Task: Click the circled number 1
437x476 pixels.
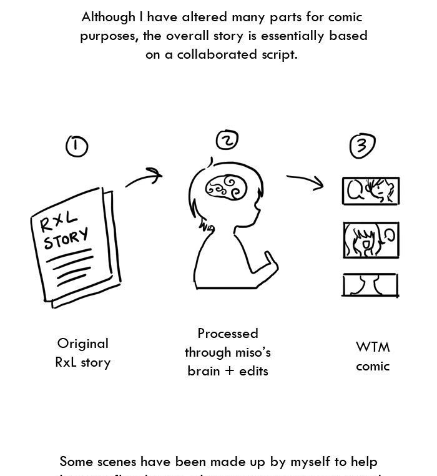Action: pyautogui.click(x=76, y=146)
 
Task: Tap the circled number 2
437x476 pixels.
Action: pyautogui.click(x=227, y=141)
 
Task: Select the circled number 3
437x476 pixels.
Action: pyautogui.click(x=362, y=146)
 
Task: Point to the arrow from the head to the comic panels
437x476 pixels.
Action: pyautogui.click(x=305, y=181)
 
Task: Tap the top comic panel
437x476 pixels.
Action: pyautogui.click(x=370, y=191)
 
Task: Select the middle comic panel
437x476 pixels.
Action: pyautogui.click(x=370, y=240)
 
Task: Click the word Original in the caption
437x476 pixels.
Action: pyautogui.click(x=82, y=344)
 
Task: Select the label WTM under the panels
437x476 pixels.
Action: pyautogui.click(x=373, y=347)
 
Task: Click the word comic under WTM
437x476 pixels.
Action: pyautogui.click(x=373, y=366)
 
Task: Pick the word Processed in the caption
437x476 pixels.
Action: pyautogui.click(x=228, y=334)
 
